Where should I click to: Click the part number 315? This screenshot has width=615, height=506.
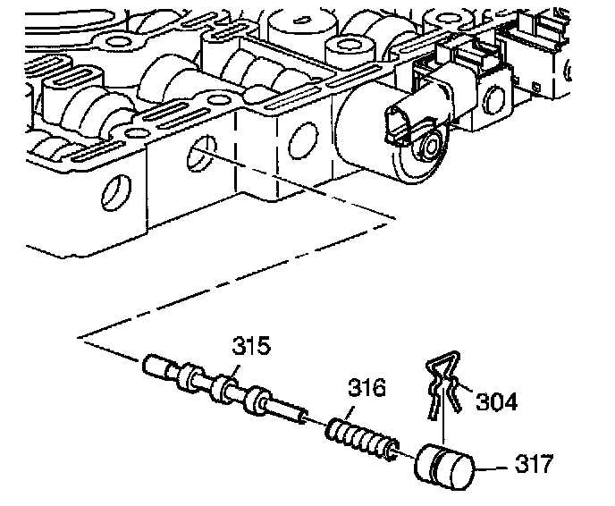pos(251,346)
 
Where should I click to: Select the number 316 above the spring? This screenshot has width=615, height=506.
pos(367,389)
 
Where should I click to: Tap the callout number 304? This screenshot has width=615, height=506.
pos(498,402)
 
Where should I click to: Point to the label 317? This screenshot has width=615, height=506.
pos(535,465)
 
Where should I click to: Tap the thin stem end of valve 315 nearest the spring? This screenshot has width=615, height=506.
pos(291,412)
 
